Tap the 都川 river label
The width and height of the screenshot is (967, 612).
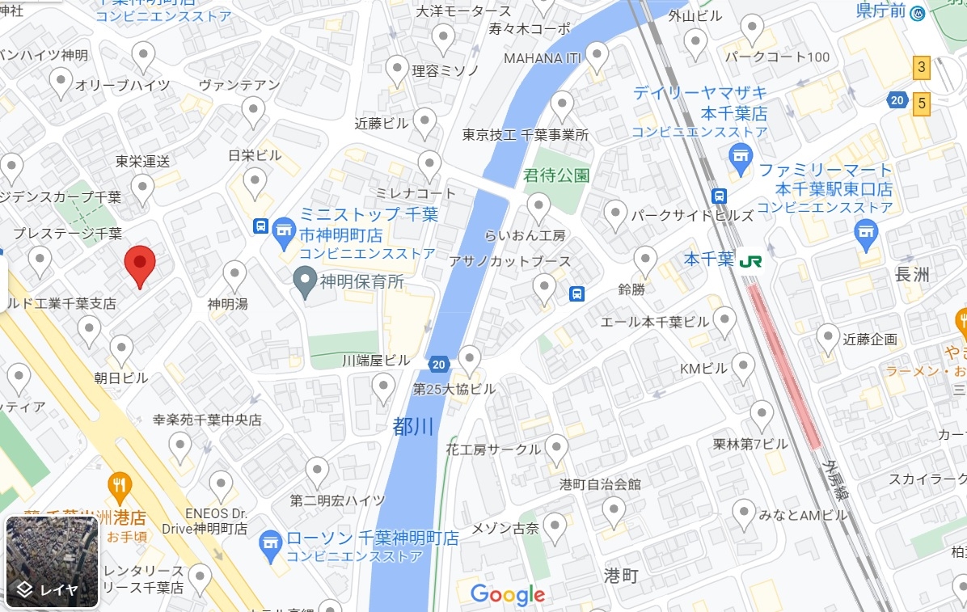413,426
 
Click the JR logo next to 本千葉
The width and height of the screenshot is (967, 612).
750,260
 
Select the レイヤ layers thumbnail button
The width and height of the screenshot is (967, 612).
52,561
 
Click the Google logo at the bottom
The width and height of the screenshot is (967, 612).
507,595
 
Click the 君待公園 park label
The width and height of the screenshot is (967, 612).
556,175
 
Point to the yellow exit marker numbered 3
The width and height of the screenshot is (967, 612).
921,67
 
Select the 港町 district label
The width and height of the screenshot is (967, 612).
622,576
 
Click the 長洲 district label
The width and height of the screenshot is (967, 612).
913,275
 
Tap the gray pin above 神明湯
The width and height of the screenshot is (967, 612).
234,276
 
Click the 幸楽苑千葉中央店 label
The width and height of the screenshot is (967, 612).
208,420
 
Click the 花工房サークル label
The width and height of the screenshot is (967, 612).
492,450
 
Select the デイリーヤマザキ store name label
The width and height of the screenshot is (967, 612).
700,93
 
